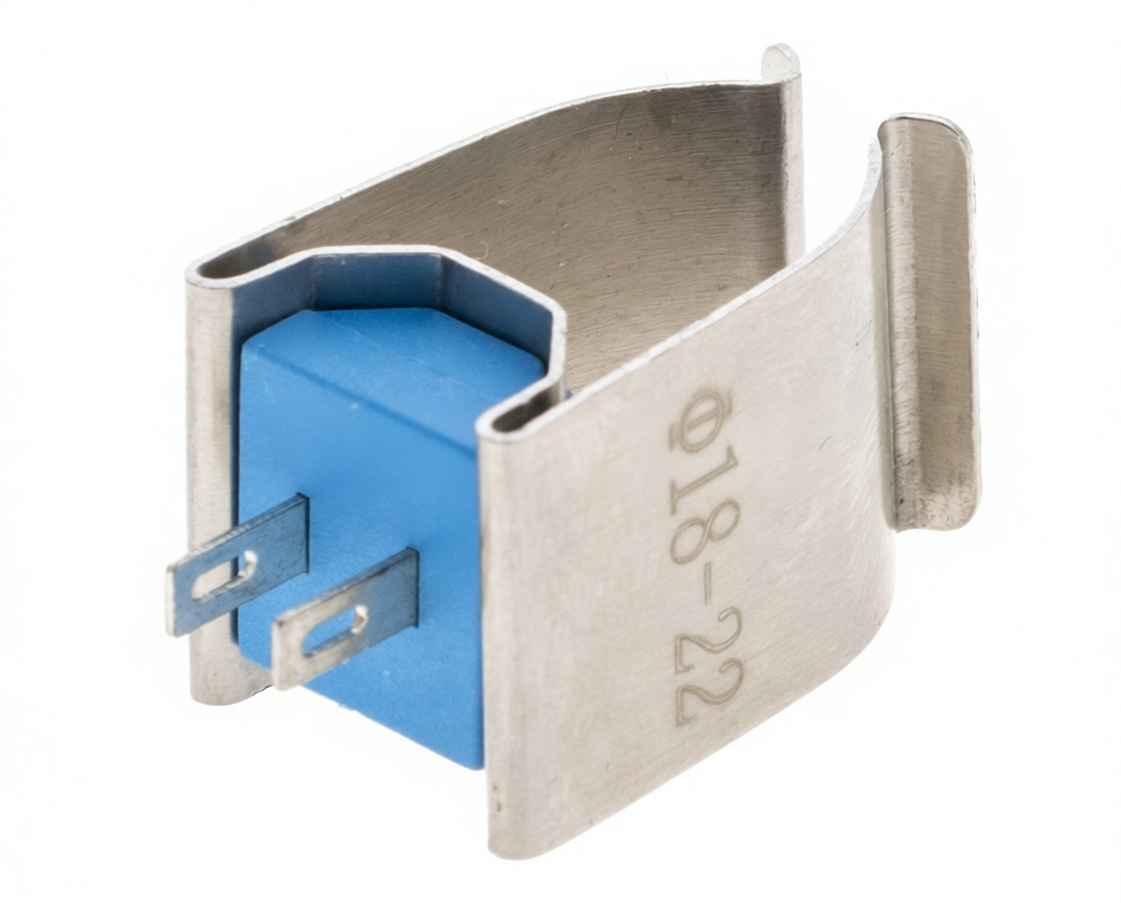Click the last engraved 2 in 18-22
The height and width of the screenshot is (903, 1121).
tap(709, 692)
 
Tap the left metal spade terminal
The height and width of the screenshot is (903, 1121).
tap(238, 563)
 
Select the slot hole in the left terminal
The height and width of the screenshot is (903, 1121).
tap(226, 577)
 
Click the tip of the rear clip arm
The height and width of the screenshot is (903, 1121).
tap(781, 60)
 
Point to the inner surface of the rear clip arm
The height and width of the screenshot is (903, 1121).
tap(633, 214)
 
